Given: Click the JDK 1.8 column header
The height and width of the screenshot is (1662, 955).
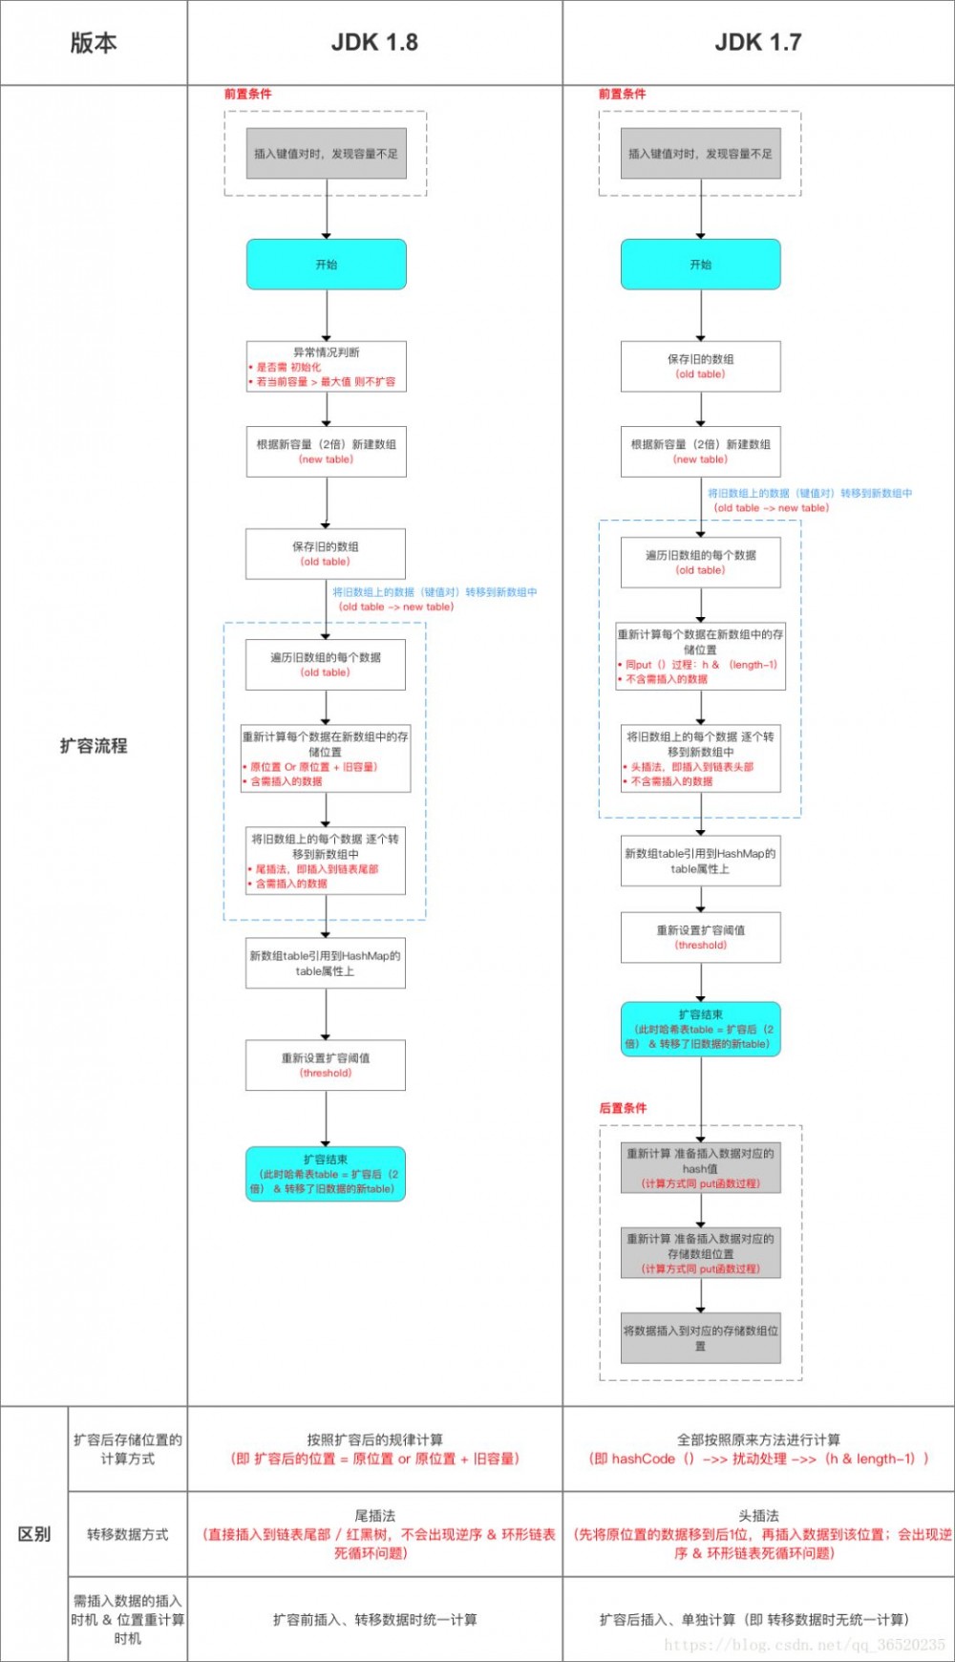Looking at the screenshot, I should click(x=374, y=42).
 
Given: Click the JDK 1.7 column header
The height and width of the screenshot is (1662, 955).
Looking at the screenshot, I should click(x=757, y=42).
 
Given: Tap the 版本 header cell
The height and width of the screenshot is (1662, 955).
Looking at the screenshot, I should click(x=94, y=42).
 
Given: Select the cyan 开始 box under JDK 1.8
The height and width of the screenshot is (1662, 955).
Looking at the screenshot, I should click(x=326, y=265).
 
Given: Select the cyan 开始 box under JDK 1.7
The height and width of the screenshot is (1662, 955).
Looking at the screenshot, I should click(x=700, y=265).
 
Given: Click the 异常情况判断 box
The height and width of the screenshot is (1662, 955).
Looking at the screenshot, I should click(x=326, y=367).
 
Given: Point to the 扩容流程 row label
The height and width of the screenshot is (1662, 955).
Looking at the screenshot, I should click(x=94, y=746).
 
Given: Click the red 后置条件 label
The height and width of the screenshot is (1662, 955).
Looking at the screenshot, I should click(x=623, y=1108).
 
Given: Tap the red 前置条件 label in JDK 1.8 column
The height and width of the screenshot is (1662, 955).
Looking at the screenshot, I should click(x=248, y=94).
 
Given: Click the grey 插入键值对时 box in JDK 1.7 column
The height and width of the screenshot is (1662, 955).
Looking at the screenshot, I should click(x=700, y=154).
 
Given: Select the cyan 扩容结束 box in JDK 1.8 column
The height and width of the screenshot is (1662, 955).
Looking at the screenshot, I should click(x=326, y=1174).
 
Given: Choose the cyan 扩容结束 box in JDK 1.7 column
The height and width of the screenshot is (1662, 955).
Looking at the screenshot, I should click(x=700, y=1029).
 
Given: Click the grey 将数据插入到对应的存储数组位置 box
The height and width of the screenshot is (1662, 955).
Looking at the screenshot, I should click(x=700, y=1337).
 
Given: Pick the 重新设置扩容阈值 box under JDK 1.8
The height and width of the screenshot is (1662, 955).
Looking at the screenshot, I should click(x=326, y=1065).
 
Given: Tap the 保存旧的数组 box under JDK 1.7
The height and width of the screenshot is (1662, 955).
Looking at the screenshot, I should click(x=700, y=366).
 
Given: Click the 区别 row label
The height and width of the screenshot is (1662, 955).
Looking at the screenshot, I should click(x=34, y=1534).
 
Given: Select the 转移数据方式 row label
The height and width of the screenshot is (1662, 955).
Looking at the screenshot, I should click(x=127, y=1534).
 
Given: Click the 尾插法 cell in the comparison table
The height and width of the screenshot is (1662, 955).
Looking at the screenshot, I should click(x=374, y=1534).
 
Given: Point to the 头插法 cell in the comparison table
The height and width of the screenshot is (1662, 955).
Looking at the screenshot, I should click(x=758, y=1534).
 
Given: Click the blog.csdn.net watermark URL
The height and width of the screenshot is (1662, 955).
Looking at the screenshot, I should click(x=804, y=1645).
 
